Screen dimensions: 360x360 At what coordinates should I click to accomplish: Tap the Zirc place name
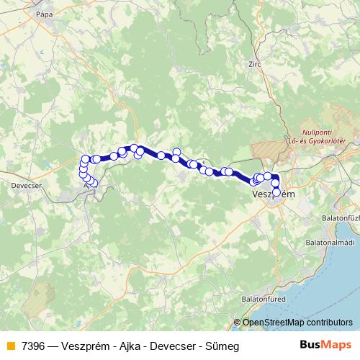click(253, 63)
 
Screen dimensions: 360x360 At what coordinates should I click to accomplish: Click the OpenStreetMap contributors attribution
click(297, 322)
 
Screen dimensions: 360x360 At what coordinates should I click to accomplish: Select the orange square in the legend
click(9, 346)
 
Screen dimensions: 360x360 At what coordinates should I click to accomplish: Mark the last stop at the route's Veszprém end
click(276, 192)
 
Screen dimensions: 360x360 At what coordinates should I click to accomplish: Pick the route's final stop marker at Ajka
click(94, 183)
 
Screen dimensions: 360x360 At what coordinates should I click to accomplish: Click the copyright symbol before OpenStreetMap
click(237, 322)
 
